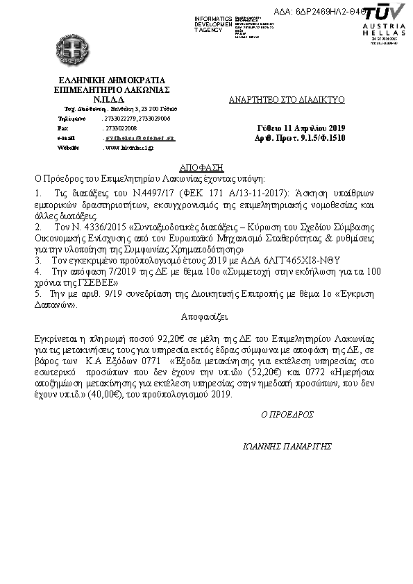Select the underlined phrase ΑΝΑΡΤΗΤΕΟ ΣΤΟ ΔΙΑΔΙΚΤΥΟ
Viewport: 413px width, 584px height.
287,100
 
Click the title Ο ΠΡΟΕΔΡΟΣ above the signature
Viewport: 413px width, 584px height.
283,414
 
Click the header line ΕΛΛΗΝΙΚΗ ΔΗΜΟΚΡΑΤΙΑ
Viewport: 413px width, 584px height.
112,80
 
